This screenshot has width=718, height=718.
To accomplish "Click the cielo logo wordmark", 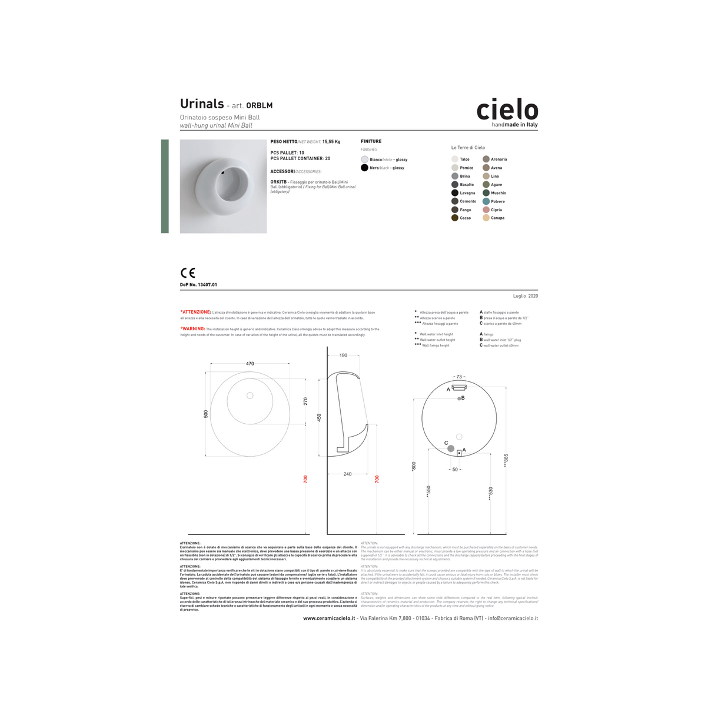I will tap(507, 110).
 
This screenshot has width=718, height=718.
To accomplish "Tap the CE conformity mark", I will tap(188, 273).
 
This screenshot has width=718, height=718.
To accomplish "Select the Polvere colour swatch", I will tap(486, 201).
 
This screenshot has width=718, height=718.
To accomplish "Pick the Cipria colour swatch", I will tap(486, 210).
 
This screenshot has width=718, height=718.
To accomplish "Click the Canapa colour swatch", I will tap(486, 218).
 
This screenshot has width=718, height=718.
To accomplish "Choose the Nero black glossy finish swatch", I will tap(364, 168).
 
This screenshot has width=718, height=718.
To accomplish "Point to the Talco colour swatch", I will tap(455, 159).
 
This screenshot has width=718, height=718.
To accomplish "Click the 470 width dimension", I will tap(250, 364).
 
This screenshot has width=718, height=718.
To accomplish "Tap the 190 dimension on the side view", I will tap(343, 355).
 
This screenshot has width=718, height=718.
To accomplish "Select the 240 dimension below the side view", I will tap(347, 474).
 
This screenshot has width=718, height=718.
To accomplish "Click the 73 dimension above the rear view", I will tap(459, 377).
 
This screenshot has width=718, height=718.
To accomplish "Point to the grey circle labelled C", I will tap(451, 449).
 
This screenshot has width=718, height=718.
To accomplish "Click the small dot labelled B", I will tap(459, 399).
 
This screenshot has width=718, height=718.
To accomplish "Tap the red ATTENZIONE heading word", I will tap(196, 312).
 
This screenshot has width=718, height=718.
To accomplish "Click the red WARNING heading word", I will tap(194, 329).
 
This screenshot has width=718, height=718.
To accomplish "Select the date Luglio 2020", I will tap(525, 296).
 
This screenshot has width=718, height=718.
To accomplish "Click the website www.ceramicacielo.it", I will tap(329, 618).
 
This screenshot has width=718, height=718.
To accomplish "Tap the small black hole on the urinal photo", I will tap(224, 173).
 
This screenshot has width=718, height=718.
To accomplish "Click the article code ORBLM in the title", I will tap(259, 106).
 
